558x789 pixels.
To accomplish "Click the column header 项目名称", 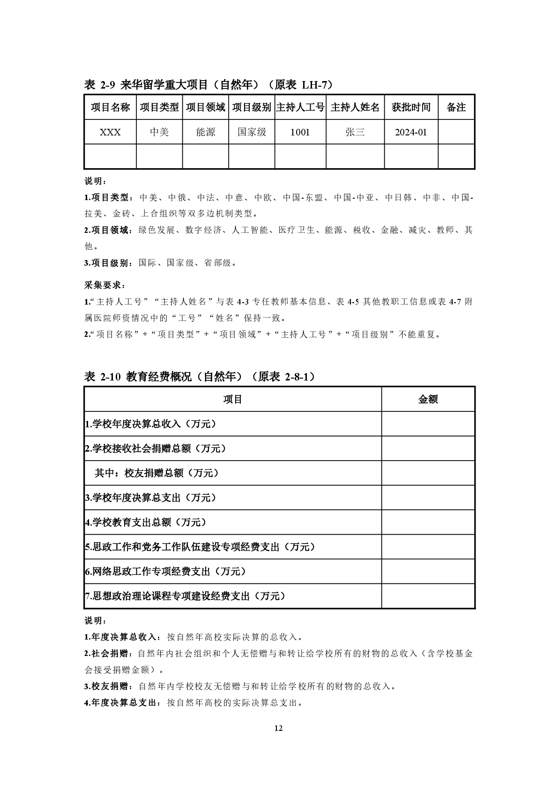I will pos(110,107).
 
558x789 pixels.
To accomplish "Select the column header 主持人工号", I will pos(300,107).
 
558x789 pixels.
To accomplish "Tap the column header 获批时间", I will pos(411,107).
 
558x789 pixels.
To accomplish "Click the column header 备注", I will pos(456,107).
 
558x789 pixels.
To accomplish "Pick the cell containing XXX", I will pos(110,132).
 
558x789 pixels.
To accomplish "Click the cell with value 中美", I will pos(159,132).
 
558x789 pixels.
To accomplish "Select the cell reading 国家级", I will pos(252,132).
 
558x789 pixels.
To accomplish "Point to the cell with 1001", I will pos(300,132).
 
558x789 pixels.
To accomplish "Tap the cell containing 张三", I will pos(355,132).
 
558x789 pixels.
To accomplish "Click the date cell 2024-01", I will pos(411,132).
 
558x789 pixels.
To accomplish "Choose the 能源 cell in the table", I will pos(206,132).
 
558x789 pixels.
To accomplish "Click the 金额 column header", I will pos(428,399).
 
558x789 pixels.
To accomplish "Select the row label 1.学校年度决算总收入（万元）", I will pos(151,424).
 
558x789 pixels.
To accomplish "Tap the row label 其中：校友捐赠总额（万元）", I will pos(156,473).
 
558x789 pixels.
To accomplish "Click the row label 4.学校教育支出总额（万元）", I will pos(146,522).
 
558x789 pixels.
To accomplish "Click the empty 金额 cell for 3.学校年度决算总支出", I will pos(428,498).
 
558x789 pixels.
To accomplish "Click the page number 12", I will pos(279,728).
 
